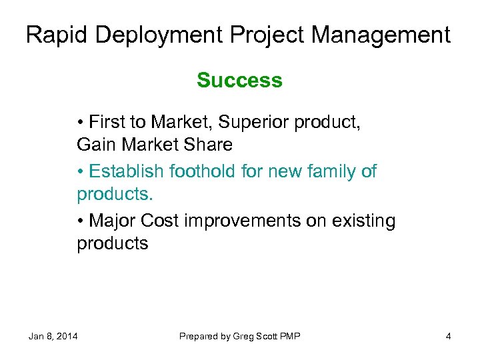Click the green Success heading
(239, 81)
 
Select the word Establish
(126, 171)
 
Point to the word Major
(111, 221)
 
